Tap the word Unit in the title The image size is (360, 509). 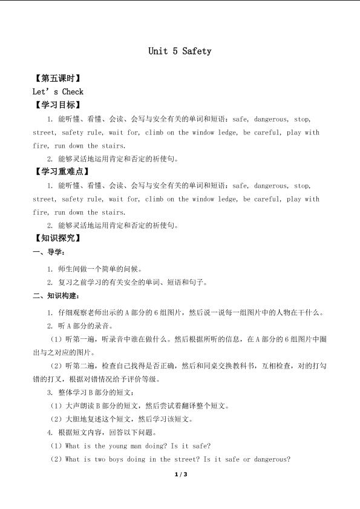(x=159, y=51)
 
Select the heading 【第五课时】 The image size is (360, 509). (x=57, y=79)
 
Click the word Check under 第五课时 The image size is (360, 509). (x=73, y=92)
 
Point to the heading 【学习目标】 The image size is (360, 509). (x=57, y=105)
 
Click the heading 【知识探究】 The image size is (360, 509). (x=57, y=238)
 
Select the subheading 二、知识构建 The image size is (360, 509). (x=55, y=296)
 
